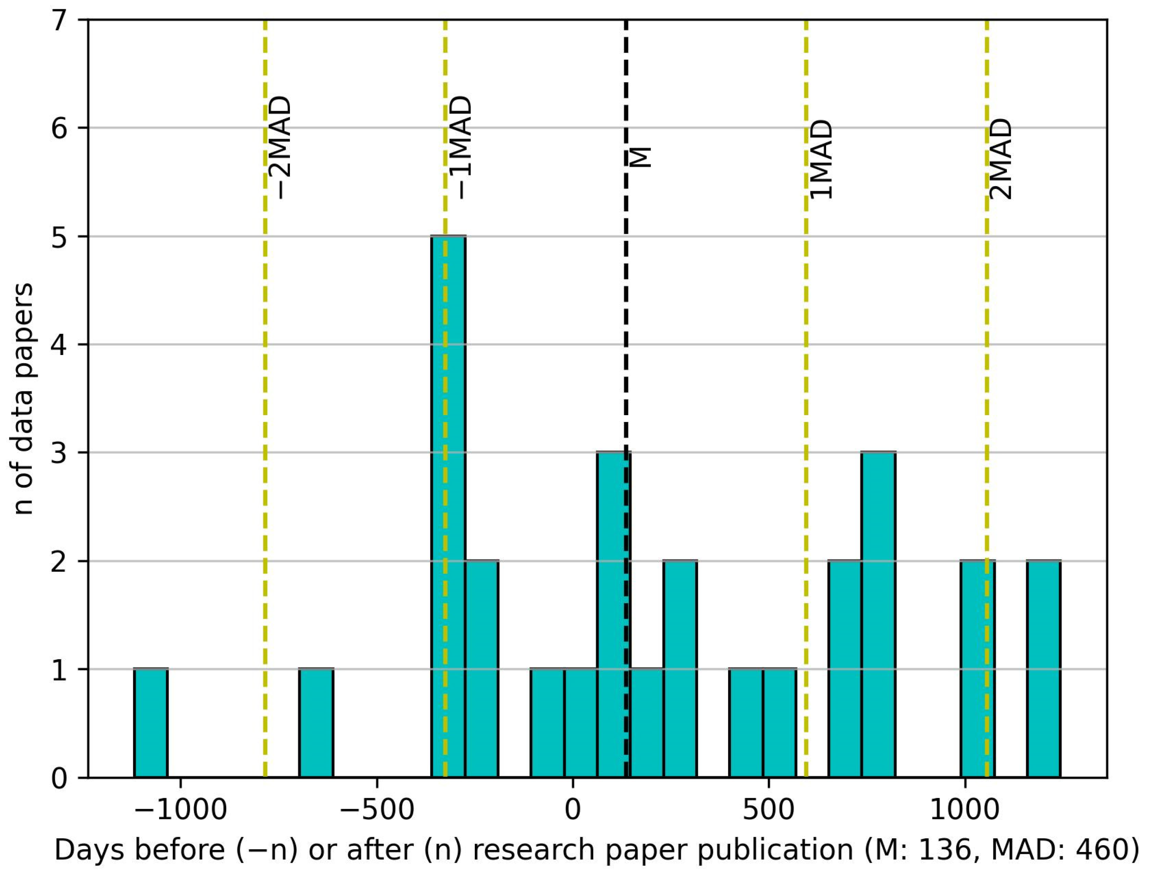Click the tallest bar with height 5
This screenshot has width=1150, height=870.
(x=449, y=507)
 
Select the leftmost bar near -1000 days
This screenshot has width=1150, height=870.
(x=151, y=723)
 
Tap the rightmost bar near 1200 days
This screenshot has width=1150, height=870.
(x=1043, y=669)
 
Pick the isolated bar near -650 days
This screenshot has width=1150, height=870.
(x=316, y=723)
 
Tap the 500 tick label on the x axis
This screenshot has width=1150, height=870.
(x=768, y=810)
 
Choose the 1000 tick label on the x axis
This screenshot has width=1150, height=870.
(x=964, y=810)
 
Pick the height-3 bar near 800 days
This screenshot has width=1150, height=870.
(x=879, y=614)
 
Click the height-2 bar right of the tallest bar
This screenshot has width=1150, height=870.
(x=482, y=669)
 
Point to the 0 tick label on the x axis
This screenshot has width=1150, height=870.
(x=573, y=810)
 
